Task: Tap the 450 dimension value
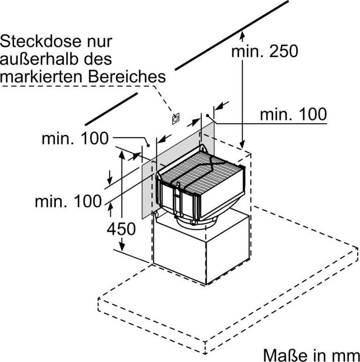tap(121, 229)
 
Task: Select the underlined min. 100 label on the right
tap(292, 114)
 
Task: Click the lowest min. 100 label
tap(68, 202)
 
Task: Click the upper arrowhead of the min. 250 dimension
tap(243, 34)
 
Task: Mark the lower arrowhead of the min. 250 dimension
tap(243, 144)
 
